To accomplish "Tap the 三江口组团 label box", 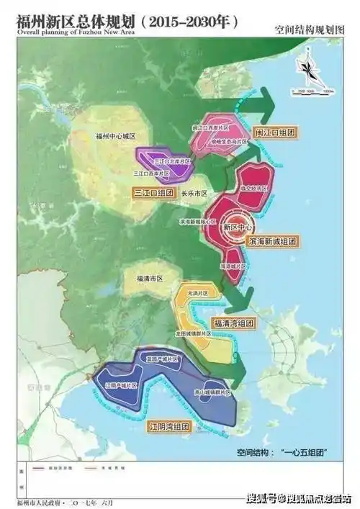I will point(154,193).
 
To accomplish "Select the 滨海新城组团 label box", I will point(273,238).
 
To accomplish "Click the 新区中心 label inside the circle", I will point(238,225).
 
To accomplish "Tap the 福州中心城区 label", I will point(115,135).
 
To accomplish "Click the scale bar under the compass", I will point(312,91).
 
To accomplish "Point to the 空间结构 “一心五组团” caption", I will point(283,452).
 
